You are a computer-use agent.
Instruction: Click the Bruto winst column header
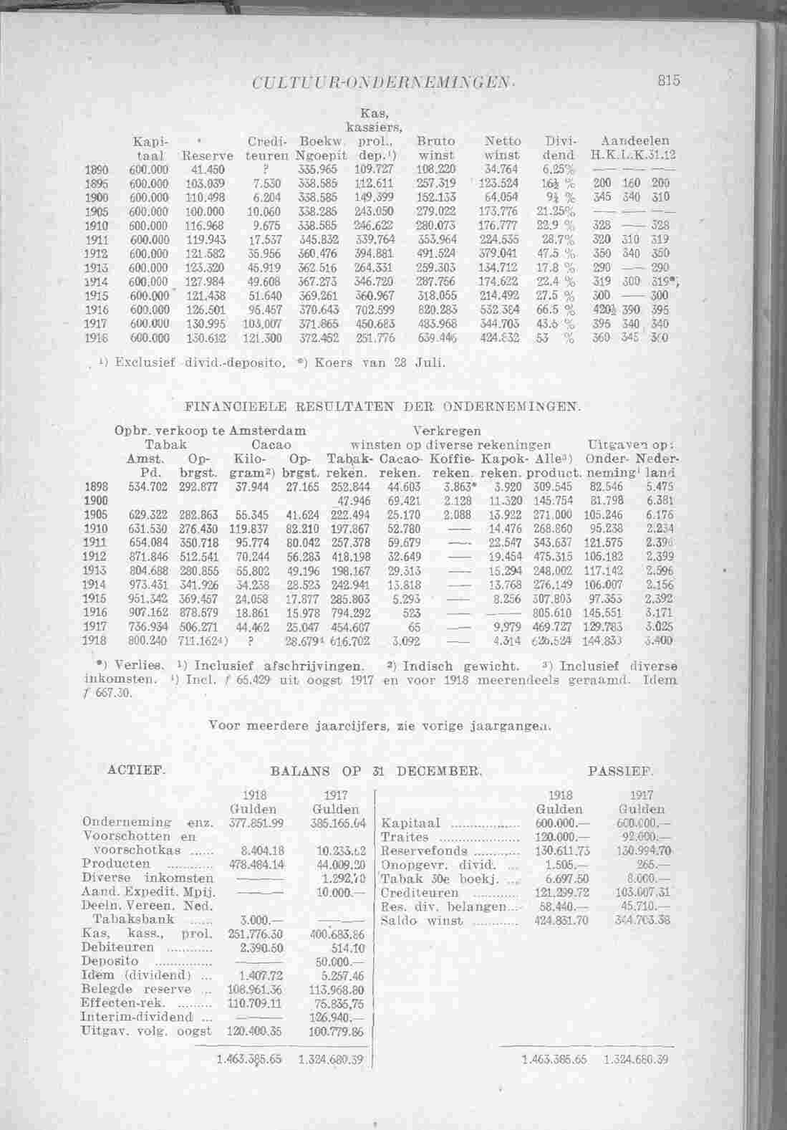tap(436, 148)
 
